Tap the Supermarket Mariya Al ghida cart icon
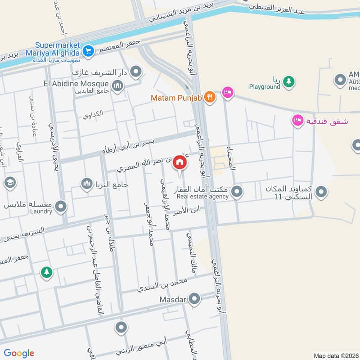pyautogui.click(x=88, y=50)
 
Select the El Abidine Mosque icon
pyautogui.click(x=117, y=85)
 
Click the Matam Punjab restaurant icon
pyautogui.click(x=209, y=96)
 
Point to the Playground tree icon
pyautogui.click(x=289, y=81)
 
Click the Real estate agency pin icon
pyautogui.click(x=237, y=193)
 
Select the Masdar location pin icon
pyautogui.click(x=194, y=298)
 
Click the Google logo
pyautogui.click(x=19, y=353)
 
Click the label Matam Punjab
pyautogui.click(x=176, y=97)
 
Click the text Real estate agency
pyautogui.click(x=202, y=196)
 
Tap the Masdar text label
pyautogui.click(x=173, y=299)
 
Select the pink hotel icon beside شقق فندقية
pyautogui.click(x=297, y=120)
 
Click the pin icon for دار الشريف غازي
pyautogui.click(x=136, y=72)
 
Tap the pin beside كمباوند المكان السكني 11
pyautogui.click(x=321, y=193)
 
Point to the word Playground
pyautogui.click(x=265, y=87)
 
